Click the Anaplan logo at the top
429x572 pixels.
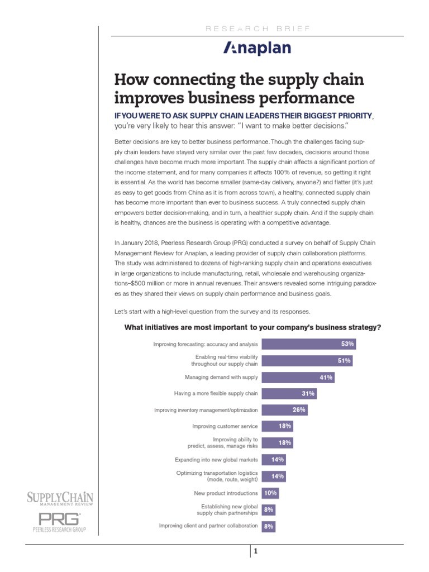tap(257, 49)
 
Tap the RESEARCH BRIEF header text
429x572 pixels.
tap(258, 27)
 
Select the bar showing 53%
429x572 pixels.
tap(308, 344)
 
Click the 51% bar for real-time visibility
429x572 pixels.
tap(307, 361)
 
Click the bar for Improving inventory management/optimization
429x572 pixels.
tap(284, 410)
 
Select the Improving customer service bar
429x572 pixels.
tap(277, 426)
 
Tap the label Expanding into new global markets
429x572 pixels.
tap(217, 460)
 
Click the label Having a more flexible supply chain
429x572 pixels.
tap(216, 394)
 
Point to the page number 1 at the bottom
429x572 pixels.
tap(255, 552)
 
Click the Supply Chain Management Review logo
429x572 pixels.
tap(60, 499)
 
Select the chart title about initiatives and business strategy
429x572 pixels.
tap(252, 327)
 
